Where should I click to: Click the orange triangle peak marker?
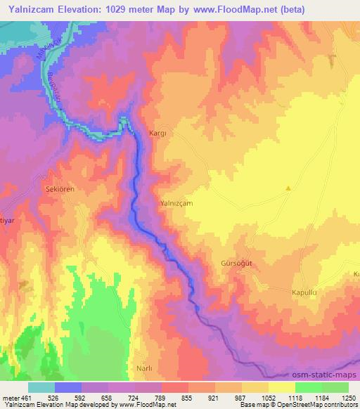pos(288,188)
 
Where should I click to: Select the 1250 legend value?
pos(348,398)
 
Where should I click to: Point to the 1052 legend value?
pos(268,398)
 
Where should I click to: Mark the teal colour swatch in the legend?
pos(41,387)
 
